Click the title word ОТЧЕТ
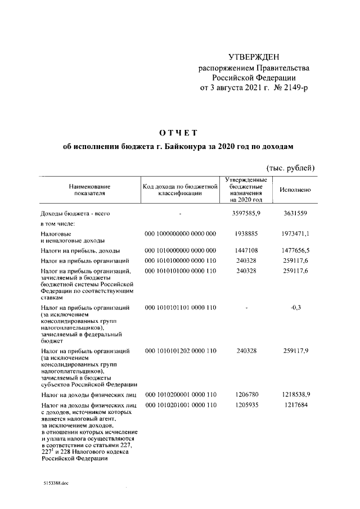coord(179,133)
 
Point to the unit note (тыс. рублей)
coord(290,168)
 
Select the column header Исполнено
coord(295,190)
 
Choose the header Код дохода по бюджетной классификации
coord(180,190)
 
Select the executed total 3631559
coord(294,214)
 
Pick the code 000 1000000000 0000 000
coord(180,232)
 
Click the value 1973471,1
coord(294,232)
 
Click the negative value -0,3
coord(294,308)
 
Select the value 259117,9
coord(294,352)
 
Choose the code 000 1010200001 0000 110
coord(180,395)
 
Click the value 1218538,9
coord(294,395)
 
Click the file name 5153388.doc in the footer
coord(55,483)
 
